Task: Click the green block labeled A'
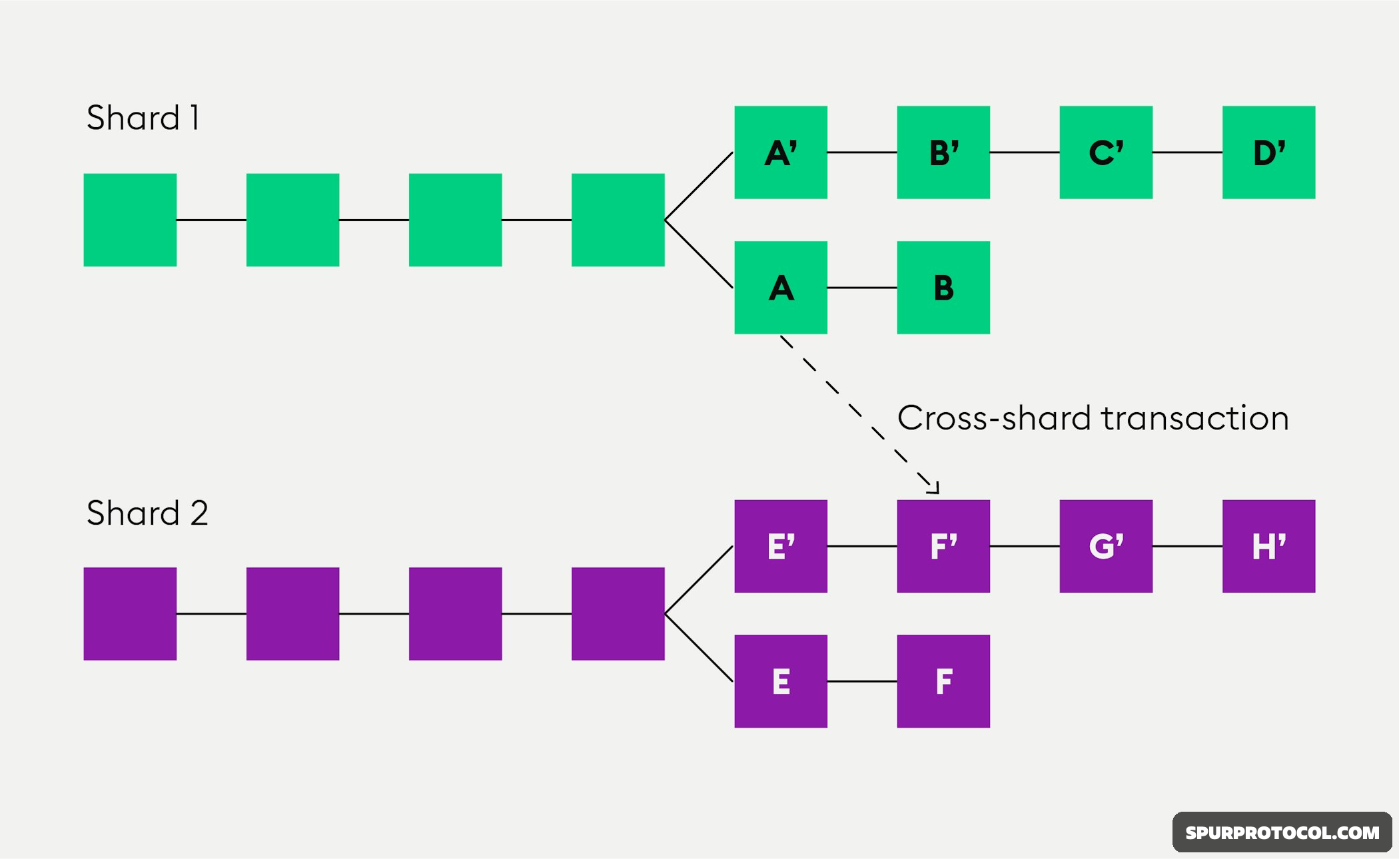click(x=781, y=152)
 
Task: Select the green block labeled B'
click(x=943, y=152)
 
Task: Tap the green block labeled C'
click(x=1106, y=152)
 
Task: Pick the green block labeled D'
click(x=1268, y=152)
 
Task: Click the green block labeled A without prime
click(x=781, y=288)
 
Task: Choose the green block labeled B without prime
click(x=943, y=288)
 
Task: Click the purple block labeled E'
click(x=781, y=546)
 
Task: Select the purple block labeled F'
click(x=943, y=546)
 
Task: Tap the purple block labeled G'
click(x=1106, y=546)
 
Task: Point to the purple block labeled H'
click(x=1268, y=546)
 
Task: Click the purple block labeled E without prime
click(x=781, y=681)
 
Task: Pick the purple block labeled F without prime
click(x=943, y=681)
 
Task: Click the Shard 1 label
click(x=143, y=118)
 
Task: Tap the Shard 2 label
click(x=147, y=513)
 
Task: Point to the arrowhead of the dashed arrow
click(x=935, y=489)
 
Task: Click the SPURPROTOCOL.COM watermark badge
click(x=1282, y=832)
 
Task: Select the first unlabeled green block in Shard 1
click(x=130, y=220)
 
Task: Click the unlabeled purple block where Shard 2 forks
click(x=618, y=613)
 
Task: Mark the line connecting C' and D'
click(x=1187, y=152)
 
